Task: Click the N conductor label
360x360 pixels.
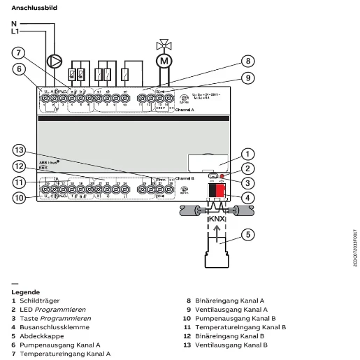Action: pyautogui.click(x=14, y=24)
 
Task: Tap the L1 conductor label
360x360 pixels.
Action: pyautogui.click(x=15, y=31)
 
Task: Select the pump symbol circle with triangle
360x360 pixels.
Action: pyautogui.click(x=55, y=62)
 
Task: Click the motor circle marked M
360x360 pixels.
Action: pyautogui.click(x=164, y=62)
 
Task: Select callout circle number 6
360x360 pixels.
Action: pyautogui.click(x=19, y=69)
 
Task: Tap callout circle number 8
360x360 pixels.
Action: pyautogui.click(x=246, y=62)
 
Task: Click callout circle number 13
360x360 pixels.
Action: pyautogui.click(x=19, y=151)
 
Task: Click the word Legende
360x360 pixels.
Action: pyautogui.click(x=25, y=291)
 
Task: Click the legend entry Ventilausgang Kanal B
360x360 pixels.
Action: pyautogui.click(x=231, y=345)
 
